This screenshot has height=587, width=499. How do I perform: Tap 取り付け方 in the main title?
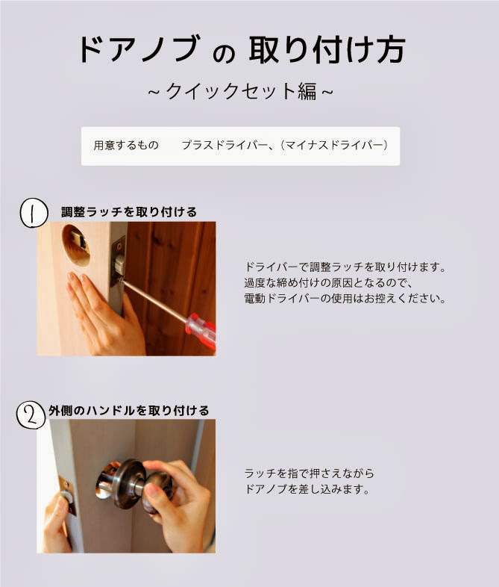[327, 49]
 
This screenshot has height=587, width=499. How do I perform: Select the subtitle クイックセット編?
[241, 91]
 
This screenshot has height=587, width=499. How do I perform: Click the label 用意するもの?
[126, 145]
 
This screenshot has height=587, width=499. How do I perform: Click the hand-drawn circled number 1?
[34, 213]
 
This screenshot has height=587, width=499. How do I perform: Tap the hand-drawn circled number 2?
[31, 415]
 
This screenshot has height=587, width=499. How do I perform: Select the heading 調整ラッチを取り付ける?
[129, 212]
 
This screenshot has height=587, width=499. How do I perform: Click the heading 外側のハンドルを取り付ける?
[128, 410]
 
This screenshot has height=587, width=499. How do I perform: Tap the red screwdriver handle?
[201, 330]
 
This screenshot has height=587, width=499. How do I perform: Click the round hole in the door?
[76, 245]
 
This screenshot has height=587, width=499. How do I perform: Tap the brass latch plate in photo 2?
[67, 495]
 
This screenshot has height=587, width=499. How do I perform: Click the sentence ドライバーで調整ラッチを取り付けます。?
[345, 267]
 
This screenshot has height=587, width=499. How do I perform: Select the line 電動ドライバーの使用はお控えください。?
[345, 299]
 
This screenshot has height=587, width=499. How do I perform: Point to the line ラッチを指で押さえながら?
[309, 473]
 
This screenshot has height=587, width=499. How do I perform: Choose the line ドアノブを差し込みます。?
[307, 489]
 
